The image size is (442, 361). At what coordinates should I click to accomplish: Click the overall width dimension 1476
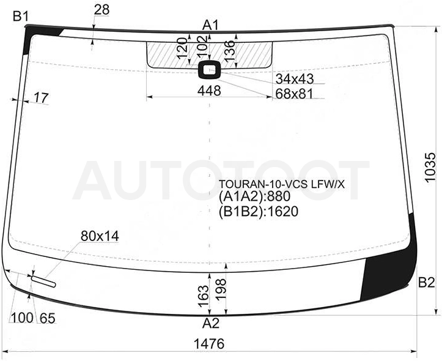pyautogui.click(x=209, y=344)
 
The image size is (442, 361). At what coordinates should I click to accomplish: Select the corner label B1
pyautogui.click(x=21, y=17)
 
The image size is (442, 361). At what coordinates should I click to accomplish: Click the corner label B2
pyautogui.click(x=427, y=282)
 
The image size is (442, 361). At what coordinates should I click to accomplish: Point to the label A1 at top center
pyautogui.click(x=210, y=26)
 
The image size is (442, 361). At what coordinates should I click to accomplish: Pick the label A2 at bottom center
pyautogui.click(x=210, y=323)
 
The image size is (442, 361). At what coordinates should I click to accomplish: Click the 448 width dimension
pyautogui.click(x=209, y=91)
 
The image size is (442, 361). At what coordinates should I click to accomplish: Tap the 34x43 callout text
pyautogui.click(x=294, y=79)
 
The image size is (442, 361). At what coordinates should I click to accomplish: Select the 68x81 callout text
pyautogui.click(x=294, y=94)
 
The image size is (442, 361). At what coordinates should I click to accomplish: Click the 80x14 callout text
pyautogui.click(x=100, y=236)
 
